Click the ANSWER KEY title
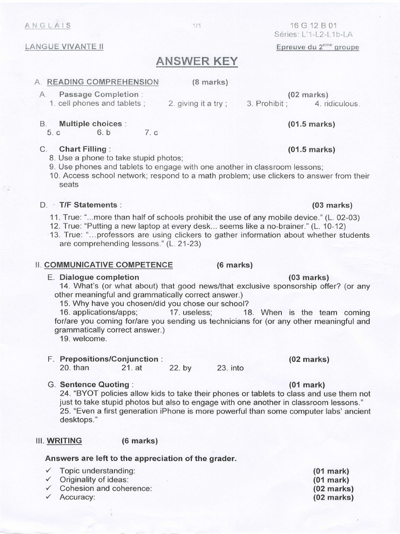[x=197, y=62]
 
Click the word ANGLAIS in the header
[x=48, y=25]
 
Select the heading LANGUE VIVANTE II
[x=64, y=46]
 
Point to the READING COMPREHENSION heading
[x=103, y=82]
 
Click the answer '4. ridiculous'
[x=337, y=104]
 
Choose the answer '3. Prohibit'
[x=267, y=104]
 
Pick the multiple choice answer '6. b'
[x=104, y=133]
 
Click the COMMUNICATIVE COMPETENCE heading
[x=108, y=265]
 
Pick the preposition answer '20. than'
[x=74, y=368]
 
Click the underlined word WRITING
[x=65, y=441]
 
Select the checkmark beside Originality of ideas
[x=48, y=479]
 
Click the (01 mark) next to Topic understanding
[x=331, y=471]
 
